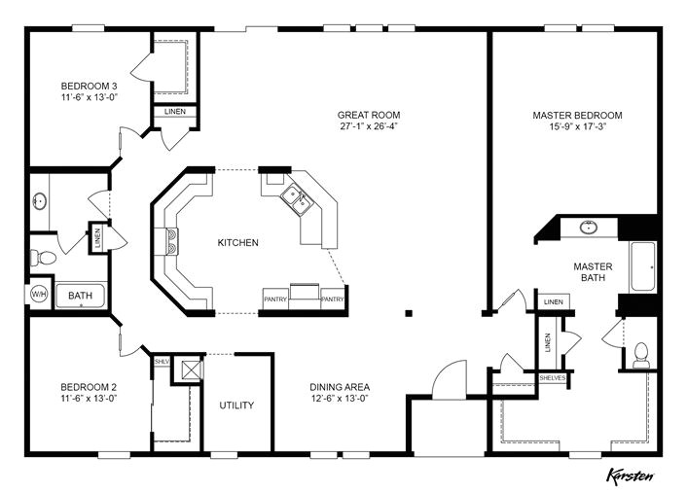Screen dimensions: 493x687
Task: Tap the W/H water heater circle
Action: pyautogui.click(x=40, y=294)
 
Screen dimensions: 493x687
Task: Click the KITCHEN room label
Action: pyautogui.click(x=237, y=242)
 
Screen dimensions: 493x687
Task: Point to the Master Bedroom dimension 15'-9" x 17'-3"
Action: pyautogui.click(x=577, y=126)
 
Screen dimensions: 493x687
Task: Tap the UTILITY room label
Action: pyautogui.click(x=236, y=405)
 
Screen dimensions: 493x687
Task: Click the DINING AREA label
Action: pyautogui.click(x=340, y=387)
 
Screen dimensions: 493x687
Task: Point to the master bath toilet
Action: pyautogui.click(x=641, y=354)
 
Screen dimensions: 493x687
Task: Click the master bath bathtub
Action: pyautogui.click(x=643, y=266)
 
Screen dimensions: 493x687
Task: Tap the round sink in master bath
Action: pyautogui.click(x=589, y=229)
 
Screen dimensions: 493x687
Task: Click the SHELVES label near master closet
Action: pyautogui.click(x=552, y=378)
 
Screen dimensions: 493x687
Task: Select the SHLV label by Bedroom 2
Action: pyautogui.click(x=162, y=361)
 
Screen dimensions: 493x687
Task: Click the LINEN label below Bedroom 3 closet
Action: pyautogui.click(x=175, y=112)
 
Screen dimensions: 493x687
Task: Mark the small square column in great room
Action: pyautogui.click(x=409, y=313)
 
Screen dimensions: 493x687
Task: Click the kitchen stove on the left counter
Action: pyautogui.click(x=172, y=241)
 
